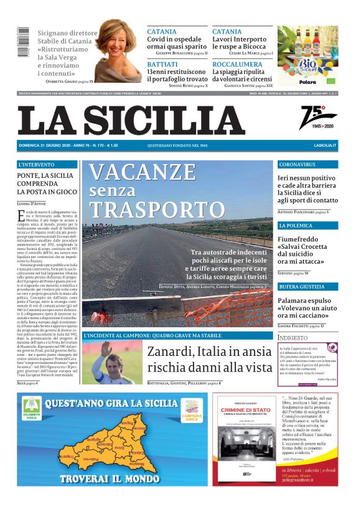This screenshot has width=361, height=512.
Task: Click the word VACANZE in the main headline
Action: click(142, 172)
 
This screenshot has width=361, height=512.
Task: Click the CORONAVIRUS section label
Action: click(298, 165)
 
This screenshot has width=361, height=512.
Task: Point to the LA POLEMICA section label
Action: click(296, 225)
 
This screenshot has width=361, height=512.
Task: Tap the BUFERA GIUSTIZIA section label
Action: click(302, 286)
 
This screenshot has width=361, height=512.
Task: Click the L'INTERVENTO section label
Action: click(37, 165)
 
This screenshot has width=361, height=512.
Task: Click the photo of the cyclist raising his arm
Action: click(111, 362)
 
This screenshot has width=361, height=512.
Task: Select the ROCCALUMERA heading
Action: click(237, 64)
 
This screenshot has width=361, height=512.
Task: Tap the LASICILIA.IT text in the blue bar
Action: click(325, 145)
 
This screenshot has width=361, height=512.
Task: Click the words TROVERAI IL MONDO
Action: click(111, 480)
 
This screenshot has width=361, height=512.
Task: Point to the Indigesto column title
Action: click(293, 337)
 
